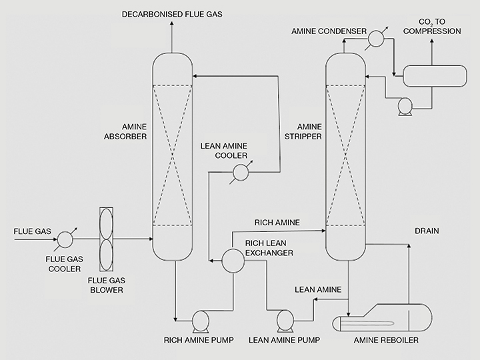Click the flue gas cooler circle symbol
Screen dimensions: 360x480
[x=65, y=239]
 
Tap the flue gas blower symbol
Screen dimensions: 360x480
[x=107, y=239]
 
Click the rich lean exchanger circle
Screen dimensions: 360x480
[x=233, y=261]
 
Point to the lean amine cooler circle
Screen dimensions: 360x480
[x=239, y=173]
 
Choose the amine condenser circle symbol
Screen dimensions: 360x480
[x=375, y=39]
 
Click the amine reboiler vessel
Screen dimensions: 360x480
[x=381, y=324]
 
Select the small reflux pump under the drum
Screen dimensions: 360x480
[x=404, y=105]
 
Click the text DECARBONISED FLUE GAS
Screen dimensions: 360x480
[x=171, y=13]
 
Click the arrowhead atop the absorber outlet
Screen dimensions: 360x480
[x=172, y=24]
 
